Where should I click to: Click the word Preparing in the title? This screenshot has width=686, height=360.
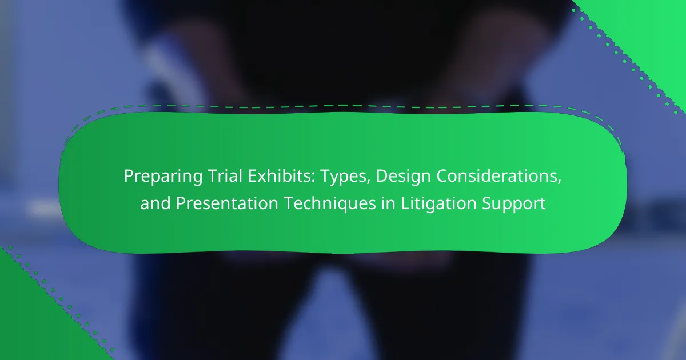(163, 177)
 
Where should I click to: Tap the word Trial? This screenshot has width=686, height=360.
(225, 176)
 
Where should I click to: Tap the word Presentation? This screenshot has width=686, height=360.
(227, 203)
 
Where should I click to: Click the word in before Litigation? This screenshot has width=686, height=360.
(388, 203)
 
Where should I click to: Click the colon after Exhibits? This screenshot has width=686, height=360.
(313, 178)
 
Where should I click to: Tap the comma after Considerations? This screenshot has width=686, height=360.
(560, 182)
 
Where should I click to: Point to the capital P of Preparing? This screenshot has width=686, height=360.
(129, 176)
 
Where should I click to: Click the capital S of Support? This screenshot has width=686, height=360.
(487, 203)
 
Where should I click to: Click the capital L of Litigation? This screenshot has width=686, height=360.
(405, 203)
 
